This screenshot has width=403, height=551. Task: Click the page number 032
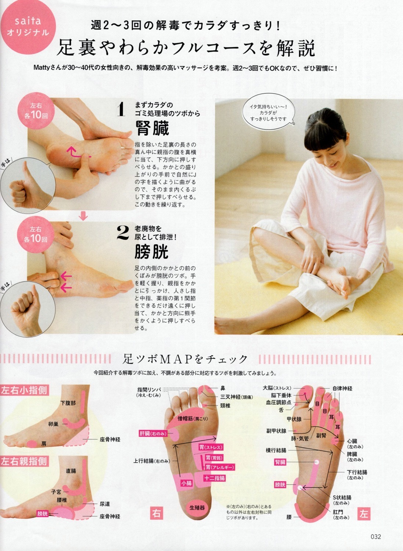point(376,536)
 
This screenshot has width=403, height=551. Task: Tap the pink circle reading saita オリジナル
point(28,27)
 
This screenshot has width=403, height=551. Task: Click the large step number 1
point(121,109)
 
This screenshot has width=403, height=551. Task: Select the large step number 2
point(123,233)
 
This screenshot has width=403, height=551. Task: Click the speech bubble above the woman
point(268,112)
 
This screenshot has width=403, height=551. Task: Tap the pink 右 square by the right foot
point(156,514)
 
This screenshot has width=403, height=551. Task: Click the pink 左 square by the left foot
point(364,514)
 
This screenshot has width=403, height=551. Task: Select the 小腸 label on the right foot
point(186,483)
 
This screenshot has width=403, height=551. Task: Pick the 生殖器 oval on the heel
point(197,507)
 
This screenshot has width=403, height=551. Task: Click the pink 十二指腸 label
point(214,478)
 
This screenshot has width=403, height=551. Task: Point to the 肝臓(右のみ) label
point(153,433)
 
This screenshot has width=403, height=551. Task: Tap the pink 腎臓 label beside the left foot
point(280,462)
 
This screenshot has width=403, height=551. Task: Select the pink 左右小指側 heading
point(24,390)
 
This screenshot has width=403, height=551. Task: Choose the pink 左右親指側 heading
point(24,461)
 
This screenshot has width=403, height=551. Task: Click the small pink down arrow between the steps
point(83,216)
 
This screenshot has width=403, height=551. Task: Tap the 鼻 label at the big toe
point(223,389)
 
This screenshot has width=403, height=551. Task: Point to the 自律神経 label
point(342,389)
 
